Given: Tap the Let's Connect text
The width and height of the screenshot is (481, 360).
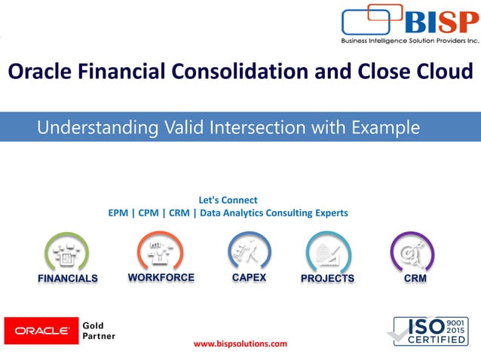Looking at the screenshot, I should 228,200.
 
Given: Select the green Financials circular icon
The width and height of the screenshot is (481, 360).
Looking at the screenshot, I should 67,252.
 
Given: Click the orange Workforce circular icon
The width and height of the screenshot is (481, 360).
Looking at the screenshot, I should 160,252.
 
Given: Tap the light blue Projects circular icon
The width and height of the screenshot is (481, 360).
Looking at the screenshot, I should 327,252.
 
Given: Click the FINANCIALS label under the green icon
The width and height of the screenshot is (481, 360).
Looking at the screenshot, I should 68,279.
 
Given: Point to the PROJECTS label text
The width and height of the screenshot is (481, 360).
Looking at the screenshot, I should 327,279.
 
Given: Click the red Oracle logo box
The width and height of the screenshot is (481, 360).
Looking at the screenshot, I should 38,330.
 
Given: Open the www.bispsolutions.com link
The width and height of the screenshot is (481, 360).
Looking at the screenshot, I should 240,344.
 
